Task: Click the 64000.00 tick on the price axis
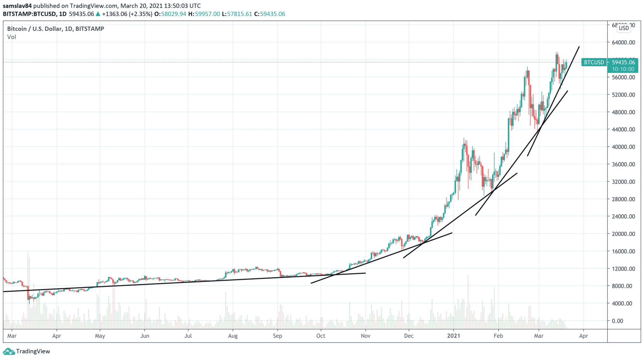(x=623, y=42)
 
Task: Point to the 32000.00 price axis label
(x=623, y=182)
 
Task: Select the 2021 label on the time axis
(x=453, y=336)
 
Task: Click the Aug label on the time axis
(x=233, y=336)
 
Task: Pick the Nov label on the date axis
(x=365, y=336)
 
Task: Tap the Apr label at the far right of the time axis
(x=583, y=336)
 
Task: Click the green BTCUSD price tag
(x=594, y=62)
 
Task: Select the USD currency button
(x=624, y=28)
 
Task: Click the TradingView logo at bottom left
(x=26, y=351)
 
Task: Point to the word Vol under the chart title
(x=12, y=37)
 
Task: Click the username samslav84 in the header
(x=17, y=6)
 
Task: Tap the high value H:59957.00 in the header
(x=204, y=14)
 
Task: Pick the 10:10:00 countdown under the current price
(x=623, y=69)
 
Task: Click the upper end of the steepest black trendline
(x=579, y=47)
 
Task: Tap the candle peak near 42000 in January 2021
(x=464, y=139)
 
